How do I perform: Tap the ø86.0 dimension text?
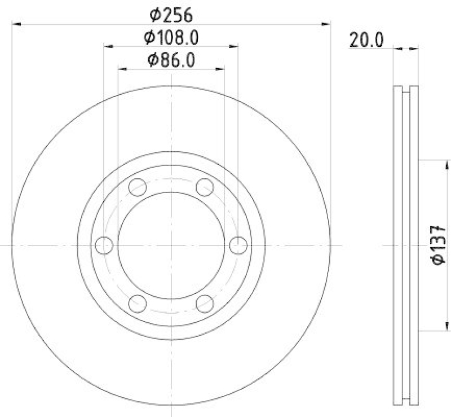coord(171,60)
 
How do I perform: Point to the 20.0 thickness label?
coord(366,40)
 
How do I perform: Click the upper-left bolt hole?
coord(138,187)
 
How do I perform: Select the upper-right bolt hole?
coord(205,187)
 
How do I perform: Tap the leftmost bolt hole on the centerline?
coord(104,245)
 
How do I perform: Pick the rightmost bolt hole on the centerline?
coord(238,245)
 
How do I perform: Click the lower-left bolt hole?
coord(138,304)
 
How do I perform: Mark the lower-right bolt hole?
coord(205,304)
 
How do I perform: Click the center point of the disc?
coord(171,245)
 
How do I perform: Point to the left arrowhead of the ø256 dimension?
coord(16,24)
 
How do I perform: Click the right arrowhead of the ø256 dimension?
coord(326,24)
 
